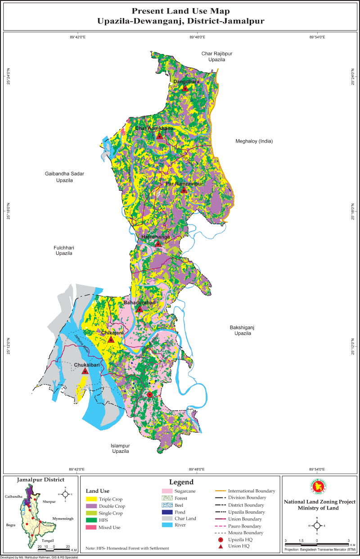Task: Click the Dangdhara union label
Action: click(186, 81)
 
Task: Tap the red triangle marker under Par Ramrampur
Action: click(184, 190)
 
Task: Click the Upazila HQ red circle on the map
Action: click(150, 394)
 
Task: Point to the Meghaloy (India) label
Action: click(254, 141)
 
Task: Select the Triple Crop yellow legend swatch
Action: click(92, 499)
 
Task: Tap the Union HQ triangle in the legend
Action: click(220, 546)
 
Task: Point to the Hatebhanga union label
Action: click(155, 237)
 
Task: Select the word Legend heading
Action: click(181, 482)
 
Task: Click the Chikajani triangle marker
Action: click(110, 339)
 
